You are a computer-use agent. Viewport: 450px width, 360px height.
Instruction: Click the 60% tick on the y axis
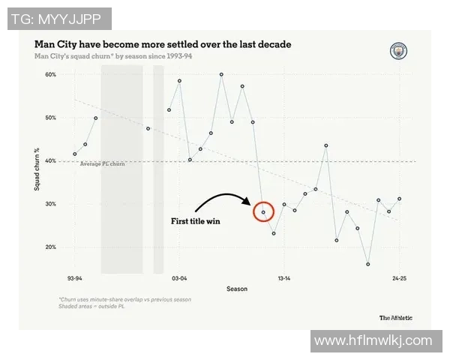tap(50, 75)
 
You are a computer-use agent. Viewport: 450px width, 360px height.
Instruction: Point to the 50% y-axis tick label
tap(50, 118)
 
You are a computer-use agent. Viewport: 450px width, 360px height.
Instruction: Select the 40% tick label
tap(50, 160)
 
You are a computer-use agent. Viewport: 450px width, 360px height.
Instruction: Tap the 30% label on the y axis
tap(50, 204)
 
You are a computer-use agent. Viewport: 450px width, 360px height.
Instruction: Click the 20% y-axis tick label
tap(50, 247)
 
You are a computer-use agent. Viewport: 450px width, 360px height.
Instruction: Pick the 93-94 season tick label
tap(74, 277)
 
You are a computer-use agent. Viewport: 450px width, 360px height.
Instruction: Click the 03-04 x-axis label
tap(179, 277)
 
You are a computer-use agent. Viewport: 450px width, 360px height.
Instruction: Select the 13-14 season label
tap(284, 277)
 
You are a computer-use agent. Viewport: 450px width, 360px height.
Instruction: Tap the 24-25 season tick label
tap(399, 277)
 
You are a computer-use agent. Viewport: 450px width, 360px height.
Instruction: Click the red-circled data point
tap(263, 212)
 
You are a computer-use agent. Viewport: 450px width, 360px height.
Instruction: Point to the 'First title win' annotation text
tap(196, 222)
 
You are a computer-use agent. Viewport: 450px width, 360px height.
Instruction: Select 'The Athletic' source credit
tap(395, 316)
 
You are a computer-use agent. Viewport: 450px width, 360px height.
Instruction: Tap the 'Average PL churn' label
tap(103, 163)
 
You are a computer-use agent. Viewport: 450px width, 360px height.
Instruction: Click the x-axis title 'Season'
tap(237, 289)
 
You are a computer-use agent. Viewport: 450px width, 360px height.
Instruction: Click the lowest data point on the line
tap(368, 264)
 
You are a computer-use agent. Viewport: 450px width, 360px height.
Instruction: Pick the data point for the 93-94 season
tap(75, 154)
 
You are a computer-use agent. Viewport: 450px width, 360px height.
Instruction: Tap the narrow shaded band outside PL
tap(158, 169)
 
